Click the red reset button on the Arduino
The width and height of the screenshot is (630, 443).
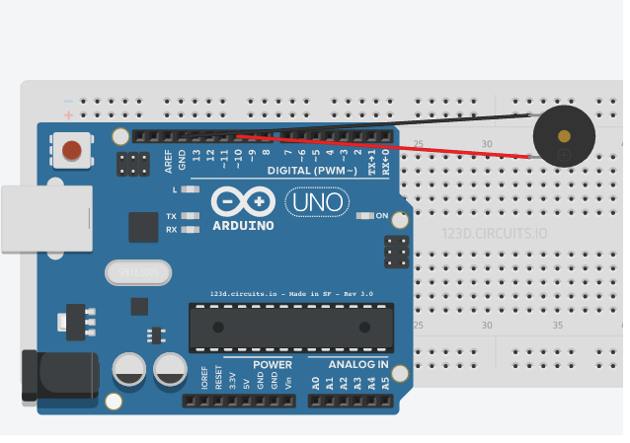[71, 150]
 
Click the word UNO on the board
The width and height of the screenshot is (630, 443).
[317, 203]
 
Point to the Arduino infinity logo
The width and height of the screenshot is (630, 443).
[243, 202]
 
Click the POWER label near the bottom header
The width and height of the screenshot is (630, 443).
[272, 364]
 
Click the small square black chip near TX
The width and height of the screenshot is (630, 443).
[143, 227]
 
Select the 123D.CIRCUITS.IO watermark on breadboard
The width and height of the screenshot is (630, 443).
[494, 235]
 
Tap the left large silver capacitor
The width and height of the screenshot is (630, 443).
[131, 371]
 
